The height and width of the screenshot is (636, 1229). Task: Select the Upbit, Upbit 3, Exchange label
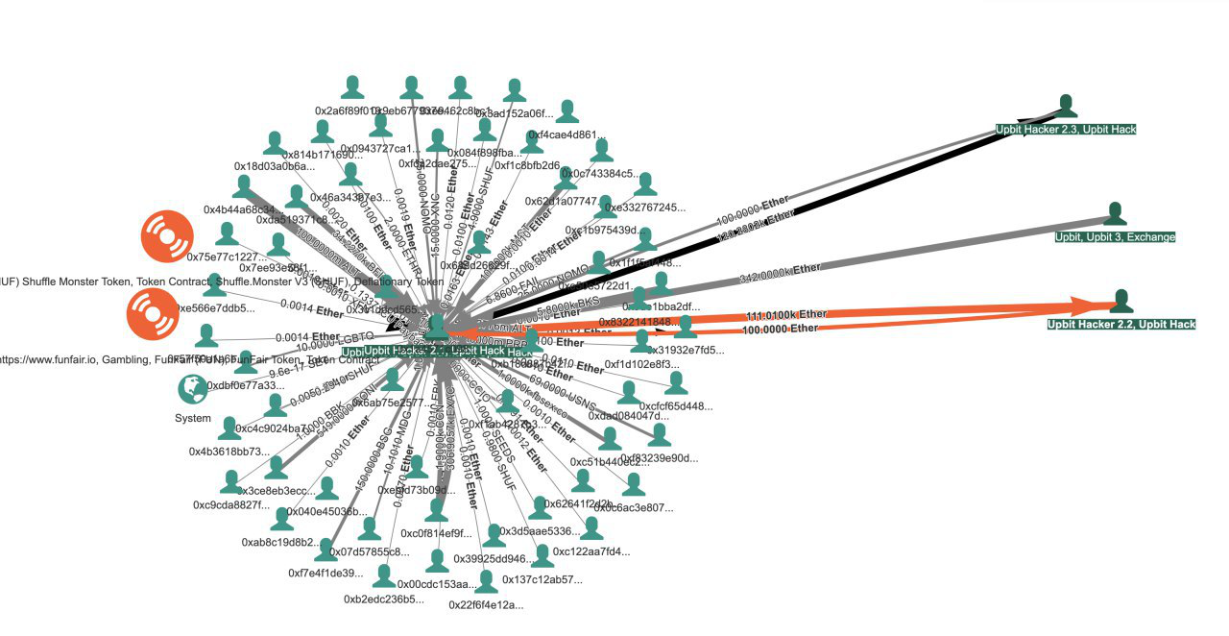tap(1115, 236)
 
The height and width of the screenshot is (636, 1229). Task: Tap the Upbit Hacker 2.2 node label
tap(1121, 325)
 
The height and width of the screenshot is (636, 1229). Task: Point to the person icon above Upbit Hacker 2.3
tap(1067, 106)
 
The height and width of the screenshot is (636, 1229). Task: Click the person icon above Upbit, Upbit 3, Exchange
tap(1115, 213)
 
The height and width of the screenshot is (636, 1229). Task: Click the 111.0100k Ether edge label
tap(786, 315)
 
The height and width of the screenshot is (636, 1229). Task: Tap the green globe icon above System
tap(192, 389)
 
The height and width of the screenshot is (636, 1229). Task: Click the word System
tap(192, 418)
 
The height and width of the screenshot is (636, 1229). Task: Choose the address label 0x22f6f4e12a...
tap(486, 604)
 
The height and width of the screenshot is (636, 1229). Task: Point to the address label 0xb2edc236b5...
tap(383, 599)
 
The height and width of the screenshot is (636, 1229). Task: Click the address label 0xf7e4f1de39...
tap(325, 573)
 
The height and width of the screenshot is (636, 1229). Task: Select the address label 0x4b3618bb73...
tap(227, 451)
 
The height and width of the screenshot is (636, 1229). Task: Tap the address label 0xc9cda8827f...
tap(230, 504)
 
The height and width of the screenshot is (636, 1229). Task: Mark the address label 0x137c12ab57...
tap(542, 579)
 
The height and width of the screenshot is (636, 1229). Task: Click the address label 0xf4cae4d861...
tap(566, 135)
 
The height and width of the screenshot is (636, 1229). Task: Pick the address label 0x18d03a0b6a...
tap(274, 166)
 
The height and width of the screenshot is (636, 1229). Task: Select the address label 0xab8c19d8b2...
tap(280, 542)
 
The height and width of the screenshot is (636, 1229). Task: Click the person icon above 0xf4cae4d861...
tap(566, 111)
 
